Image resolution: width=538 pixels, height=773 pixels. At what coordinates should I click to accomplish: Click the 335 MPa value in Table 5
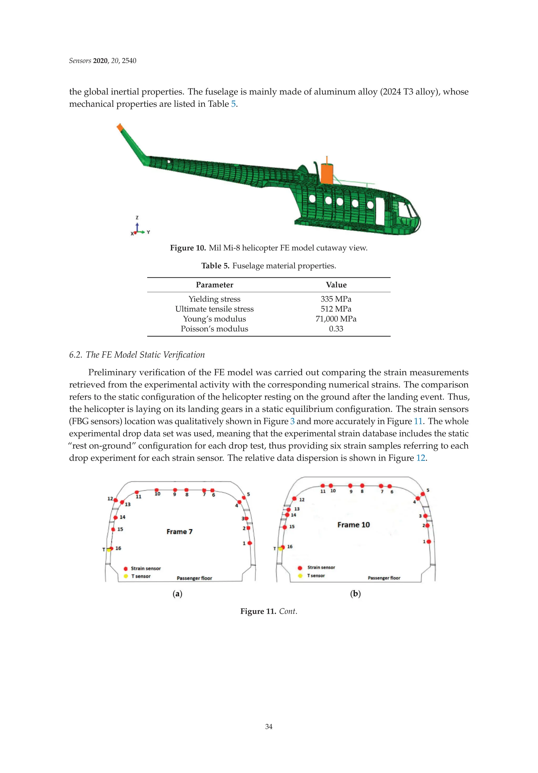click(x=336, y=299)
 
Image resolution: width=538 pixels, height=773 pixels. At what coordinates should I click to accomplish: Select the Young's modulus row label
click(x=214, y=319)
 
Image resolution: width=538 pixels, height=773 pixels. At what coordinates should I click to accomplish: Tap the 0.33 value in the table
click(x=336, y=329)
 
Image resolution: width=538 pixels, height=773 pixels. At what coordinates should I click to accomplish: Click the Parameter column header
click(x=214, y=285)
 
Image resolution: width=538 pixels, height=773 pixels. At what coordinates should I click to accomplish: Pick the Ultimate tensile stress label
click(x=214, y=309)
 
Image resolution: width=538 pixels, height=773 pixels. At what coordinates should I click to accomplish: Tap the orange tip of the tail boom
click(x=120, y=127)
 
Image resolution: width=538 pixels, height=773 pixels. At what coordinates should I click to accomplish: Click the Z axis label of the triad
click(x=137, y=218)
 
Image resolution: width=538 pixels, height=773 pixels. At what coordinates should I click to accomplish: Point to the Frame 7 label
click(x=179, y=532)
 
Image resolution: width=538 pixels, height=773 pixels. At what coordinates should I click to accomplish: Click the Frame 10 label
click(x=353, y=525)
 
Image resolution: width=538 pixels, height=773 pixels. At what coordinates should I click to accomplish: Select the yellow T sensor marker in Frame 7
click(x=109, y=550)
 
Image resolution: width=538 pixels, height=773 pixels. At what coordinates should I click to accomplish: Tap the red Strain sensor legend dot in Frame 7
click(x=126, y=569)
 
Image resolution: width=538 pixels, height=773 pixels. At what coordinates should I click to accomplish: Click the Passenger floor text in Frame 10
click(x=384, y=578)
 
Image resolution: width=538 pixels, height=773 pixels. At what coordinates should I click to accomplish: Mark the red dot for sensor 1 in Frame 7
click(x=250, y=543)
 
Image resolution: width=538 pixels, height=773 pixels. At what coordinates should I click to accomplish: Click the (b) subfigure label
click(x=355, y=594)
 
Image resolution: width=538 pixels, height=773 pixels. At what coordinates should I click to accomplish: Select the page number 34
click(x=268, y=726)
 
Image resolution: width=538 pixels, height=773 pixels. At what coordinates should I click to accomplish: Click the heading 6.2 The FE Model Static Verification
click(x=137, y=355)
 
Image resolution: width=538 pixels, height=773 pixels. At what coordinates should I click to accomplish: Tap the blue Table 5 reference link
click(x=233, y=104)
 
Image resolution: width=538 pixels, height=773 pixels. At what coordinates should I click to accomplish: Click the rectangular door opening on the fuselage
click(x=380, y=211)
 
